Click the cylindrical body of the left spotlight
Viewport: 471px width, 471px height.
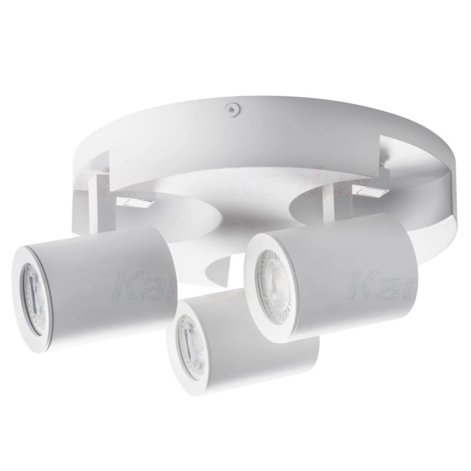pyautogui.click(x=112, y=265)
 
